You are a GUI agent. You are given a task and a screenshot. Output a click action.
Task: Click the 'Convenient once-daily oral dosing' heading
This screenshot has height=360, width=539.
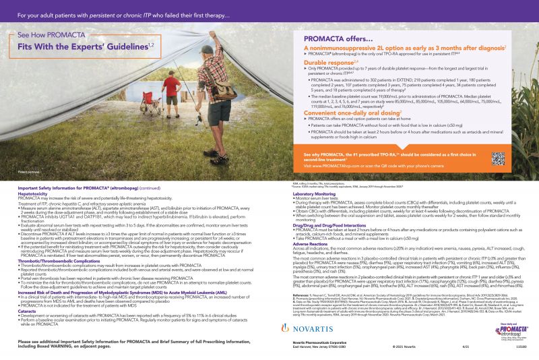(x=343, y=112)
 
